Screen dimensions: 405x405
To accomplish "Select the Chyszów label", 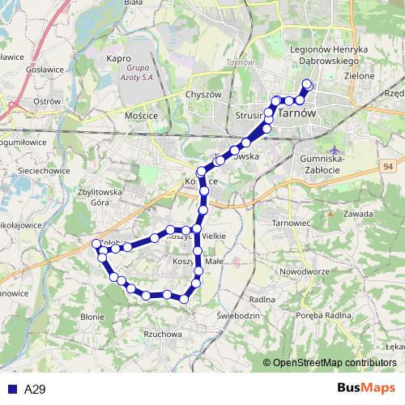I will pyautogui.click(x=203, y=95).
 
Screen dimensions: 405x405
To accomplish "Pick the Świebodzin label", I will pyautogui.click(x=239, y=314).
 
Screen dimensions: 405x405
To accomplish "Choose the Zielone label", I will pyautogui.click(x=360, y=76).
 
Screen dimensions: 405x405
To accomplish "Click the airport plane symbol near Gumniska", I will pyautogui.click(x=335, y=151).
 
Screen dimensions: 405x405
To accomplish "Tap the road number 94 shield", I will pyautogui.click(x=389, y=166).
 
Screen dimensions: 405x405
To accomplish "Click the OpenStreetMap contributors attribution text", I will pyautogui.click(x=334, y=362).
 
